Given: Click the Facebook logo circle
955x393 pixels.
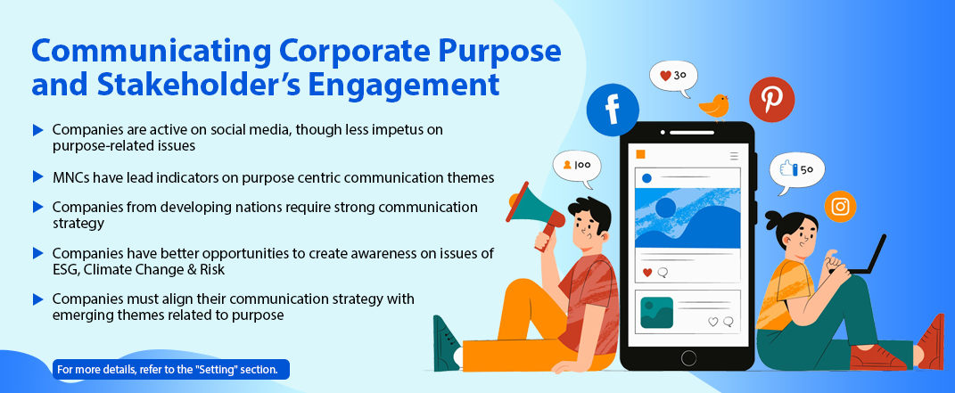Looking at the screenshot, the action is pos(612,111).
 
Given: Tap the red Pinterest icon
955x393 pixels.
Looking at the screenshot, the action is pos(771,99).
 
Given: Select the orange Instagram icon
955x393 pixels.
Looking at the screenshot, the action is pos(841,206).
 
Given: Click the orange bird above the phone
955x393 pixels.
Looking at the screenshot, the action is pos(714,107).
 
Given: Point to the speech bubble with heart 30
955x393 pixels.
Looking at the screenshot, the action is pos(673,78).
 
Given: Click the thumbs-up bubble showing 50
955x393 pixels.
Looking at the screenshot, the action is pos(796,172).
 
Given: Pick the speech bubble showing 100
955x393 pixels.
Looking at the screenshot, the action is pos(577,168).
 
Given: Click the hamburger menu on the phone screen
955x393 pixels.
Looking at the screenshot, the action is pos(734,156).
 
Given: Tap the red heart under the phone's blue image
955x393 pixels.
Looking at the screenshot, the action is pos(647,273).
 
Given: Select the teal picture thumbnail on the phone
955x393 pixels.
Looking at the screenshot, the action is pos(656,313).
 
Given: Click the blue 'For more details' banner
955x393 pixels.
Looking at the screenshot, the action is pos(171,369).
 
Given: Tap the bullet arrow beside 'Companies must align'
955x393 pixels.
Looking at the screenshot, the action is pos(38,299).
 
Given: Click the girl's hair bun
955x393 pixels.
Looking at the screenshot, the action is pos(772,219).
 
